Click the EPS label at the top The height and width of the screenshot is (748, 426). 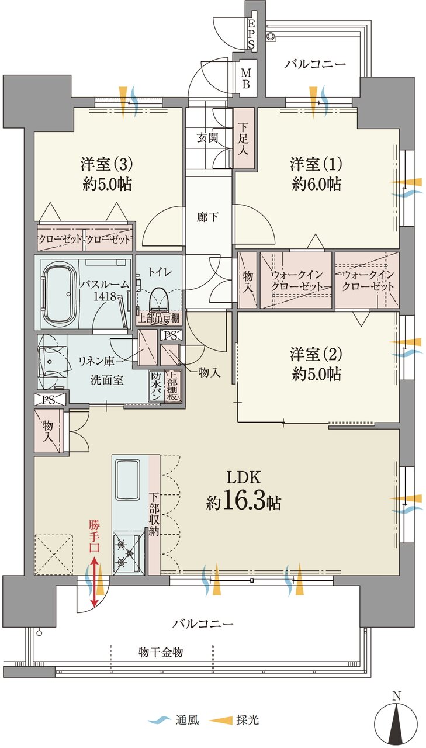point(251,34)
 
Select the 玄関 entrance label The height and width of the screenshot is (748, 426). point(207,138)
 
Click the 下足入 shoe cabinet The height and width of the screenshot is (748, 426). point(245,138)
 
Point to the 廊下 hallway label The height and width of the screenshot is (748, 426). point(207,217)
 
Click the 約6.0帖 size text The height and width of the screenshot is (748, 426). point(316,183)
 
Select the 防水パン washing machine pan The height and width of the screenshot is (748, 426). point(155,386)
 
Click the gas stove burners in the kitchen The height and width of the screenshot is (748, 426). point(126,553)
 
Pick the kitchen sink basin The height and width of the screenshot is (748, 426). point(127,479)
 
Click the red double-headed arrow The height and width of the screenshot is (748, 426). point(95,582)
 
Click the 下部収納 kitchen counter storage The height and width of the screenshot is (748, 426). point(154,514)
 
